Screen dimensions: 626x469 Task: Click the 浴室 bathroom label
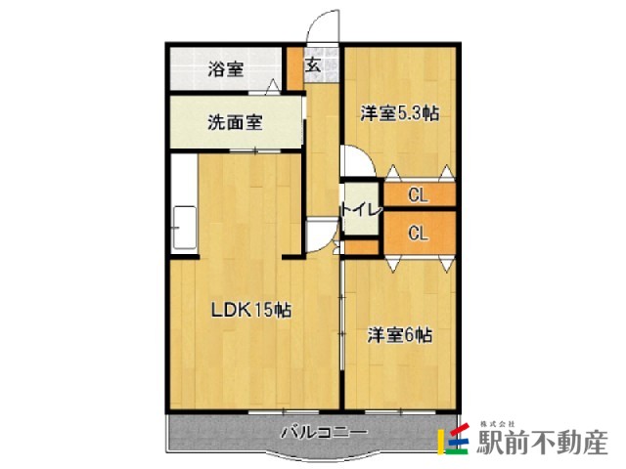tap(226, 70)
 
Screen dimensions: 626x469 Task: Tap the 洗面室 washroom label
tap(235, 122)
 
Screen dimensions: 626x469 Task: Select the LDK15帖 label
tap(251, 310)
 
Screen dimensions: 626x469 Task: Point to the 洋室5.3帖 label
tap(400, 113)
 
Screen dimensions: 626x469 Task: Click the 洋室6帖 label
tap(400, 335)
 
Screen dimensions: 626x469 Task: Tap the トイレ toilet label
tap(361, 210)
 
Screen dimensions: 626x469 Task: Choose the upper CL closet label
tap(418, 195)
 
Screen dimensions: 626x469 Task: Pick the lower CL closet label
tap(418, 233)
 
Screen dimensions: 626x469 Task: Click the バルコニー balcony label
tap(324, 432)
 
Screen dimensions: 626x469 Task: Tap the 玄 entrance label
tap(313, 65)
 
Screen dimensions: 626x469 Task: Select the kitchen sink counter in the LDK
tap(185, 228)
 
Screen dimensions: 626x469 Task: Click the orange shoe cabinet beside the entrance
tap(295, 68)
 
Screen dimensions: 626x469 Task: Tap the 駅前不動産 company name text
tap(543, 443)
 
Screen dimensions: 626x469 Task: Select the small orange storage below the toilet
tap(361, 247)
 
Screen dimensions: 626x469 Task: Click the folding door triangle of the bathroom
tap(273, 86)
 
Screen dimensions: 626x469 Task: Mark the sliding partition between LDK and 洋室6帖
tap(342, 315)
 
